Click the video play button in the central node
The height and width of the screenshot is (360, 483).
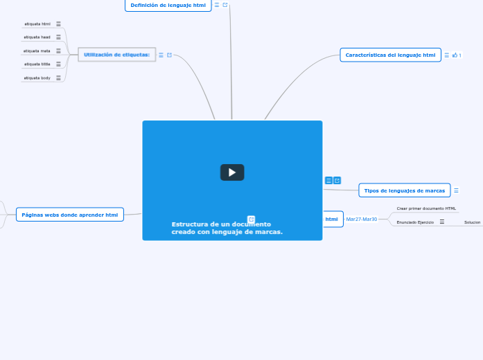(x=232, y=172)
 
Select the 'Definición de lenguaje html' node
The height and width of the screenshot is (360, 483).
(x=168, y=5)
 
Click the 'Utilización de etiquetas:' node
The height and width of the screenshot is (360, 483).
(x=116, y=55)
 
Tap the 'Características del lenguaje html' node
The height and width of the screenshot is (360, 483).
(x=390, y=55)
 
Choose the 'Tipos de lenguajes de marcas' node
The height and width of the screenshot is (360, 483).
(x=404, y=190)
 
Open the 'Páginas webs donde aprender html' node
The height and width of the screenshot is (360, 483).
(x=69, y=215)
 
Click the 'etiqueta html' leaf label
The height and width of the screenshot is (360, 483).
(x=37, y=24)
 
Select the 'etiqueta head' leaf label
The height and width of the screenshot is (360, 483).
(x=37, y=37)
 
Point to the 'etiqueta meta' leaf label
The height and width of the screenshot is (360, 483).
(x=37, y=51)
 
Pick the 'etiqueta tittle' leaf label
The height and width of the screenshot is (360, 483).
(x=37, y=64)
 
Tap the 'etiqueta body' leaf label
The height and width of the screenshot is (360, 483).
(x=37, y=78)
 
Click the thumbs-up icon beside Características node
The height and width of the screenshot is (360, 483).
(x=455, y=55)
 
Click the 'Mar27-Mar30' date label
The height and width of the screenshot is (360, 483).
(x=361, y=219)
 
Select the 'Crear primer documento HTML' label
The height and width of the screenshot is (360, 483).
(x=426, y=208)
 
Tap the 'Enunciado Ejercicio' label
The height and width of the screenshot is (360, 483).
(x=415, y=222)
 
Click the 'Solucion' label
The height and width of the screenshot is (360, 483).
(x=472, y=222)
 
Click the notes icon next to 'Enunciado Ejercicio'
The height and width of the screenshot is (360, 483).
(x=442, y=222)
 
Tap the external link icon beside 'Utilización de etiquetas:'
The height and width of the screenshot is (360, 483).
(x=170, y=55)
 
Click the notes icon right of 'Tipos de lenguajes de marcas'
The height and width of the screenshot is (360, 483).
(x=456, y=190)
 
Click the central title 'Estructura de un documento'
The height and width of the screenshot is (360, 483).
(x=221, y=224)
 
